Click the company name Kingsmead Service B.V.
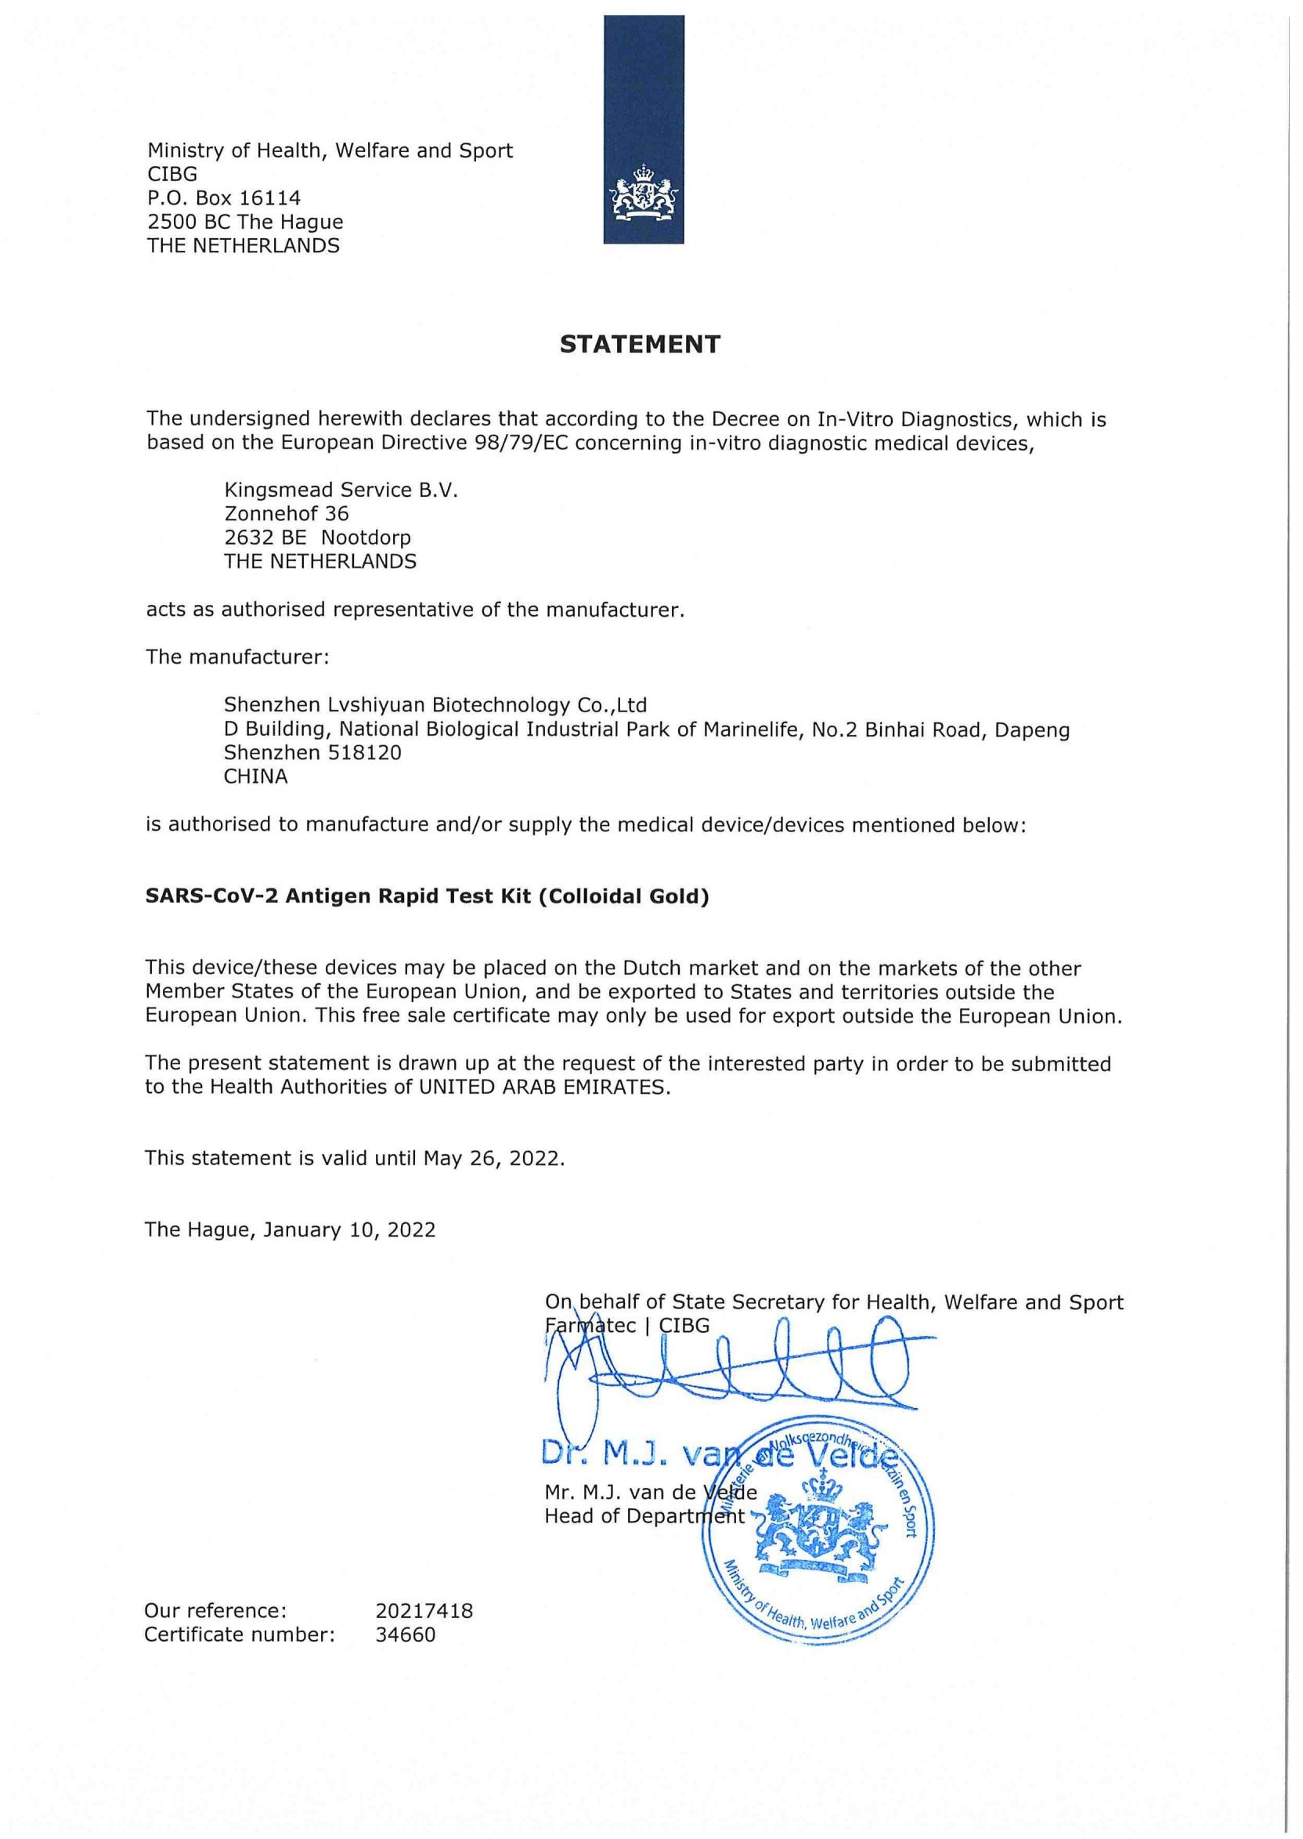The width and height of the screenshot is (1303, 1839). coord(341,490)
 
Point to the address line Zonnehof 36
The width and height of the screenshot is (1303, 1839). coord(287,514)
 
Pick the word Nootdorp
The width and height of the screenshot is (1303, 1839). coord(366,537)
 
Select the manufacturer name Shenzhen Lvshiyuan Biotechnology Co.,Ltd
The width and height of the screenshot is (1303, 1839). coord(435,704)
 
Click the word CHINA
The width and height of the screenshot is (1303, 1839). coord(255,777)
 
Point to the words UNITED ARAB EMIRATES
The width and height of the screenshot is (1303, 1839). coord(544,1087)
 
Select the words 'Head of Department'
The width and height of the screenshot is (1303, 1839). coord(644,1515)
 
